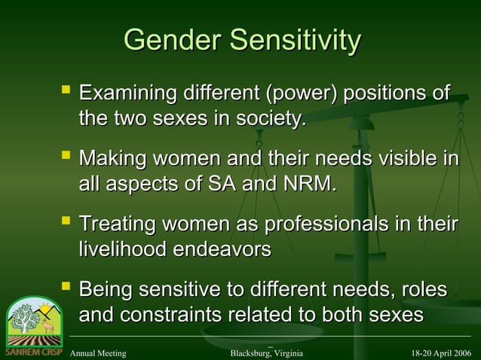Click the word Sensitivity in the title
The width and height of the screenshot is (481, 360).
pos(296,40)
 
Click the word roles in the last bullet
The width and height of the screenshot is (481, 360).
pos(423,290)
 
